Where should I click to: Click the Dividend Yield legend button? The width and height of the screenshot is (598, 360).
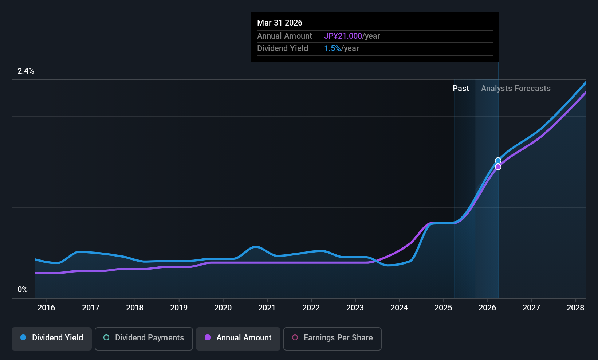point(52,338)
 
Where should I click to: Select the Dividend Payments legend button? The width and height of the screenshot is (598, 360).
point(144,338)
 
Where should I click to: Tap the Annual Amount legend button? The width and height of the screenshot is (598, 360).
point(238,338)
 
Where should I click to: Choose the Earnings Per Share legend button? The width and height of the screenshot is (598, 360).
point(332,338)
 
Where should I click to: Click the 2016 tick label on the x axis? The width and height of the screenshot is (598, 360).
point(46,308)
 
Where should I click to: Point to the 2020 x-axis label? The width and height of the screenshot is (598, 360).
point(223,308)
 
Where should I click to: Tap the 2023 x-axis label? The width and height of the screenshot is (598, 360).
point(355,308)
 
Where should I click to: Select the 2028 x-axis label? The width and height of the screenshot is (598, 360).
point(575,308)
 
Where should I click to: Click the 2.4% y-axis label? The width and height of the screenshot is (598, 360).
point(26,71)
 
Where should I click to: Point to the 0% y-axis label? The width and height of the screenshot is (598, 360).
point(23,290)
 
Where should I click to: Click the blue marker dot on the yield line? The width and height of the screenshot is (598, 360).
point(498,161)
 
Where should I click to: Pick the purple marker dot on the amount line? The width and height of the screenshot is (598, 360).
point(498,167)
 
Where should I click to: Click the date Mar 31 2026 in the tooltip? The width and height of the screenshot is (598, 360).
point(280,23)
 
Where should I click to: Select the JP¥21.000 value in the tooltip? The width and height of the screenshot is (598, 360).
point(343,36)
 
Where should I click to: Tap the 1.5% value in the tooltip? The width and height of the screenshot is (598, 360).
point(333,48)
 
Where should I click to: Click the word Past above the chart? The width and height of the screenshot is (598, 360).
point(461,89)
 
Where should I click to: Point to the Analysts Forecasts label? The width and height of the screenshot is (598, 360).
point(516,89)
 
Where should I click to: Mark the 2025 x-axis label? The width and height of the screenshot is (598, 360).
point(443,308)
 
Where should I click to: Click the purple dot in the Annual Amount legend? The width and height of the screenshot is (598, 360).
point(208,338)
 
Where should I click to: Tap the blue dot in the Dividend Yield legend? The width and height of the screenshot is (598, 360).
point(23,338)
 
